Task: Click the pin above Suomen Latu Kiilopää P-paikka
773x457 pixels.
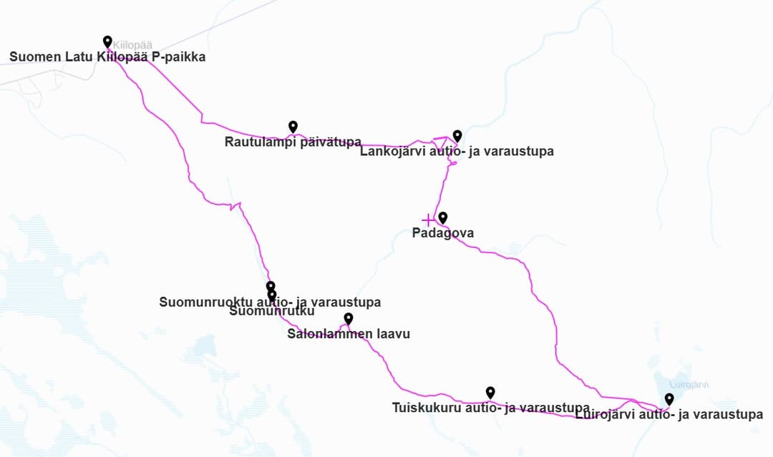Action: [x=107, y=41]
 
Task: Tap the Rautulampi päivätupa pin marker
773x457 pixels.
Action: [x=293, y=127]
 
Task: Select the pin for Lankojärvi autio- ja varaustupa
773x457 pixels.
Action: [x=457, y=136]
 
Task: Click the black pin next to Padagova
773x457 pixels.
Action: [x=443, y=217]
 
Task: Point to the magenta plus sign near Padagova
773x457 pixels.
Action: [x=428, y=220]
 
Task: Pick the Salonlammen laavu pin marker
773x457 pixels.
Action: [x=349, y=318]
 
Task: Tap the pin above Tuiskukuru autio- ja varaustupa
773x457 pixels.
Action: [x=490, y=392]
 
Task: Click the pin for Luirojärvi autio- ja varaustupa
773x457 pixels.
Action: [x=669, y=399]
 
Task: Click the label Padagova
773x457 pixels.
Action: [x=442, y=233]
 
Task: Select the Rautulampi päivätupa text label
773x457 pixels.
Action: [x=293, y=142]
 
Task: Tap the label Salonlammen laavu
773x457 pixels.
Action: [x=349, y=333]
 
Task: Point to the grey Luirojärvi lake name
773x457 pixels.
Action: [x=689, y=385]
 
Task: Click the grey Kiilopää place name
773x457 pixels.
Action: [x=133, y=45]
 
